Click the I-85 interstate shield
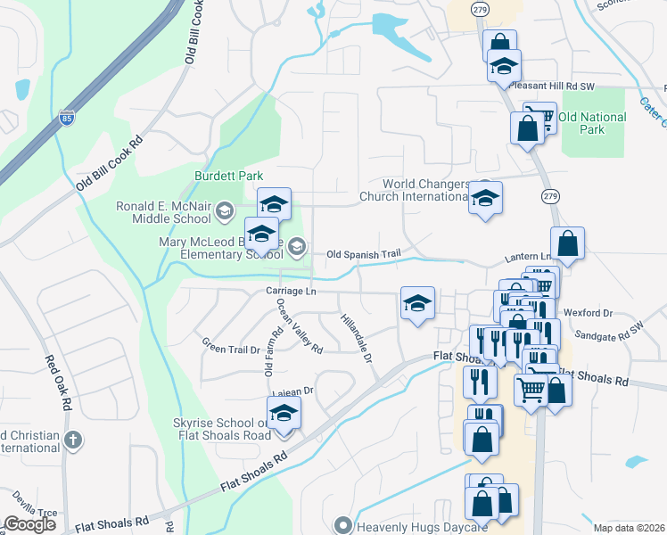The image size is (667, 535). [66, 118]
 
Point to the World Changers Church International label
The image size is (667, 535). [414, 190]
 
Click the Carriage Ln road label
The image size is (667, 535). [291, 292]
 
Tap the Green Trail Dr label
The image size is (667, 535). [229, 346]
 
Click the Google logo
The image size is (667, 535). [29, 524]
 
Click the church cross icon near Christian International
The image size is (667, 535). [74, 440]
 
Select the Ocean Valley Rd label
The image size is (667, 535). [300, 325]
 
